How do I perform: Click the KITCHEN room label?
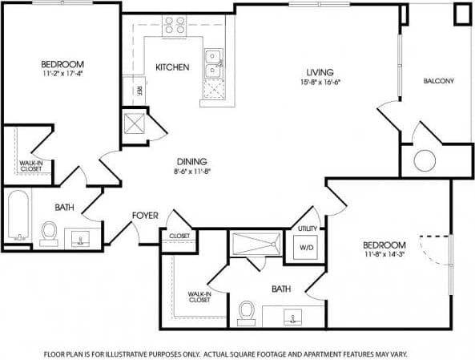[x=172, y=67]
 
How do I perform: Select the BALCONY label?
[x=438, y=81]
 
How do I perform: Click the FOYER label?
[x=146, y=216]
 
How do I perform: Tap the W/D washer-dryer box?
[x=307, y=248]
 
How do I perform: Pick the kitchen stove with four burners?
[x=174, y=26]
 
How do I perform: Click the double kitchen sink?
[x=214, y=64]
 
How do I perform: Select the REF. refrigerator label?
[x=139, y=90]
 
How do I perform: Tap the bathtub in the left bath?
[x=18, y=216]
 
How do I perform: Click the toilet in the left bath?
[x=49, y=233]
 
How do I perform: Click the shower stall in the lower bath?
[x=256, y=243]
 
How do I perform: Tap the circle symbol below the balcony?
[x=423, y=161]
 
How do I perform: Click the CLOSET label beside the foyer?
[x=179, y=235]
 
